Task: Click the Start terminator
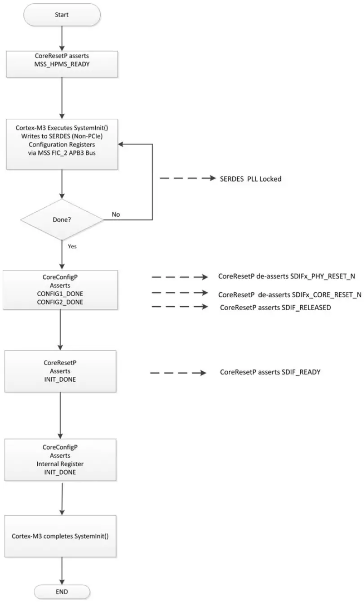62,15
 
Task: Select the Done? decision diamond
62,221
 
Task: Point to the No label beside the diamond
115,215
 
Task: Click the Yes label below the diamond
72,246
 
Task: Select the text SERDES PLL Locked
250,179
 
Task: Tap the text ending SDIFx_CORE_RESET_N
289,295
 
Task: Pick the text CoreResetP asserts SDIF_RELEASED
275,308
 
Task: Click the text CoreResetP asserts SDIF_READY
270,372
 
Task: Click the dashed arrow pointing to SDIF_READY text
178,373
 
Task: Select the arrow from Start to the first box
62,39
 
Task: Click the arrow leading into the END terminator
62,569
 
